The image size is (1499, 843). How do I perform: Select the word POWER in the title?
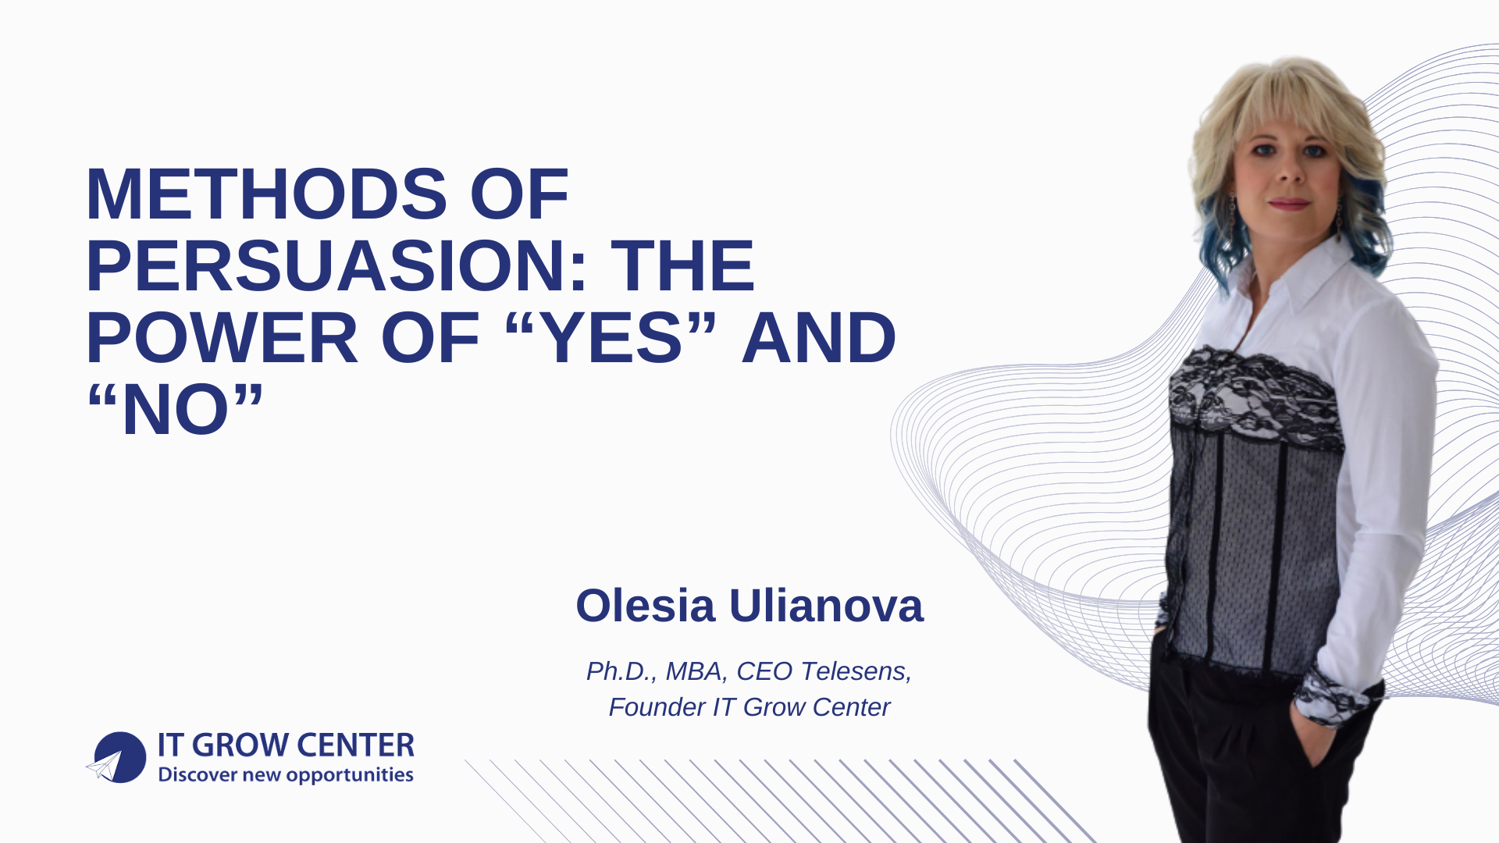click(x=222, y=338)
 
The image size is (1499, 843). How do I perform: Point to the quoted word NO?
click(x=176, y=410)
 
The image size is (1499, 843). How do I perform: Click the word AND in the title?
click(x=818, y=338)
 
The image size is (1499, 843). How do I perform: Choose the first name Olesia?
click(x=645, y=606)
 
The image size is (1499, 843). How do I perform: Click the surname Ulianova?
click(x=826, y=606)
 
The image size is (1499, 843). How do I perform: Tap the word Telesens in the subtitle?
click(x=855, y=671)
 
